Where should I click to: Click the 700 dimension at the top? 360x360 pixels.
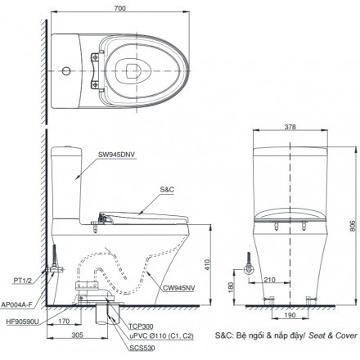[120, 8]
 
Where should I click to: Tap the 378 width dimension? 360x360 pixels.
[290, 127]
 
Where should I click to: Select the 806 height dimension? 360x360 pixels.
[353, 226]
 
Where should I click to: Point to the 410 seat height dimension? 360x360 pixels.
[208, 265]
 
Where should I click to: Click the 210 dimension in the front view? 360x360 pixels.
[269, 280]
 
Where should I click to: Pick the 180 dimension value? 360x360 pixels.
[231, 288]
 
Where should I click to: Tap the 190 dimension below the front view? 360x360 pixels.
[290, 315]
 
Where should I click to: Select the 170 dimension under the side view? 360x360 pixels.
[64, 322]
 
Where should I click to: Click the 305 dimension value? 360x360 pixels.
[77, 335]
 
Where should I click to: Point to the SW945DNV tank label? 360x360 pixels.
[117, 155]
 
